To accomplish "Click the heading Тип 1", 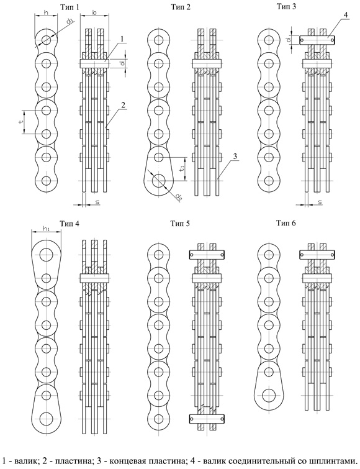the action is (x=70, y=7).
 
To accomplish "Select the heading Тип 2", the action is (x=181, y=7).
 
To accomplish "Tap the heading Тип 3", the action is (x=286, y=6).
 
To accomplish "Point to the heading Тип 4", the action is (x=70, y=224).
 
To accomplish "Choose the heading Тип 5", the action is (x=180, y=224).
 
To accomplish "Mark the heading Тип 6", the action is (x=286, y=223).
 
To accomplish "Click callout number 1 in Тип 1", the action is (x=122, y=39).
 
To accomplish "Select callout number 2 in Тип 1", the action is (x=123, y=105).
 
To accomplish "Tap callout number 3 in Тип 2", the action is (x=235, y=156).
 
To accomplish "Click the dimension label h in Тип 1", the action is (x=46, y=12).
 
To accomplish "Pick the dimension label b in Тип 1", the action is (x=94, y=12).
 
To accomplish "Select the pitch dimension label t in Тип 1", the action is (x=21, y=122).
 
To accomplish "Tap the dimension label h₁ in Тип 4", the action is (x=46, y=229).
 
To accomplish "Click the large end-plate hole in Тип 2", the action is (x=159, y=181).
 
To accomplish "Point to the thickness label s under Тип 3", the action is (x=320, y=202).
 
